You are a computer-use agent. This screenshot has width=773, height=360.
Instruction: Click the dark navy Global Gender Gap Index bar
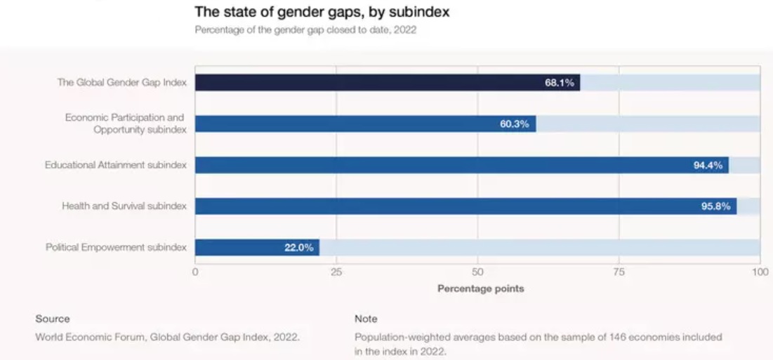tap(365, 83)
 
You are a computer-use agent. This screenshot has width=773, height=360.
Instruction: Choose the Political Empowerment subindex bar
tap(239, 248)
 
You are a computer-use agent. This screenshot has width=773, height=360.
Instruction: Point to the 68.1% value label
tap(559, 83)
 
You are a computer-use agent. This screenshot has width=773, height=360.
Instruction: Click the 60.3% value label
tap(515, 124)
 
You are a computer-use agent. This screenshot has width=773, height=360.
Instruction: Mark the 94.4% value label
tap(708, 166)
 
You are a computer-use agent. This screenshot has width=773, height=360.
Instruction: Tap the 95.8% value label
tap(715, 206)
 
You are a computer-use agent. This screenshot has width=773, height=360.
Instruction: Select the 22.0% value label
tap(298, 248)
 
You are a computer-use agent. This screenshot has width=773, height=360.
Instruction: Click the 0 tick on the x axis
tap(195, 271)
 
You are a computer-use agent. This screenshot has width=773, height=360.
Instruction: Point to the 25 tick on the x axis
tap(336, 271)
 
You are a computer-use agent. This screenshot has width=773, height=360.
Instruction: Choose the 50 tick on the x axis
tap(478, 271)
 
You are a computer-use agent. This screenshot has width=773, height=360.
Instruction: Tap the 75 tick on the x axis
tap(619, 271)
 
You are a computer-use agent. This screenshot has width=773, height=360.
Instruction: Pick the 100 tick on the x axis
tap(760, 271)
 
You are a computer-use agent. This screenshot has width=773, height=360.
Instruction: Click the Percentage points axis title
tap(480, 288)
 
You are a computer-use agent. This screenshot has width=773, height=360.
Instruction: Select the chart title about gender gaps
tap(322, 12)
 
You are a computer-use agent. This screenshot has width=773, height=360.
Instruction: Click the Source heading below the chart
tap(53, 319)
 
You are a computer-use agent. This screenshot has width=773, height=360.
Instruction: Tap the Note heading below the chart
tap(366, 319)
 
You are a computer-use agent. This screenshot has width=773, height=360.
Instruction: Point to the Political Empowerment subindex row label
tap(116, 248)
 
